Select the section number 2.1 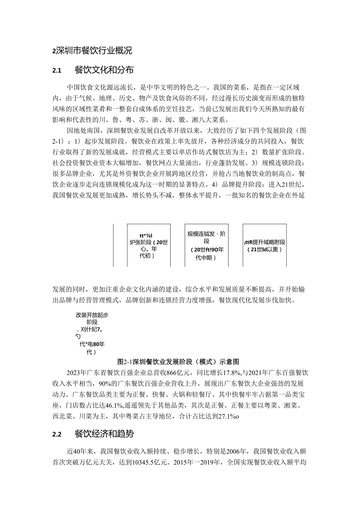[x=57, y=71]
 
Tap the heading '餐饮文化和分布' [x=104, y=70]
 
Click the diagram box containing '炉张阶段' [x=149, y=245]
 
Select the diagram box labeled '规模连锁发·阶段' [x=206, y=245]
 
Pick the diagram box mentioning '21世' [x=265, y=245]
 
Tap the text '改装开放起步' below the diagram [x=92, y=315]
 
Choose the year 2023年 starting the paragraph [x=78, y=372]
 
